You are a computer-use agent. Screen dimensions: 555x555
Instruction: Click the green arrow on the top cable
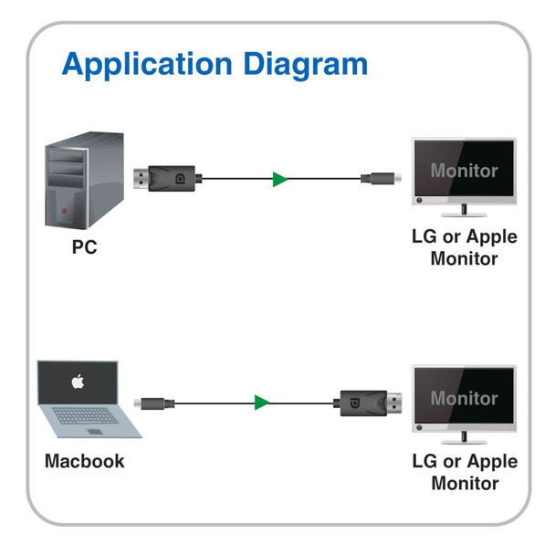pos(280,179)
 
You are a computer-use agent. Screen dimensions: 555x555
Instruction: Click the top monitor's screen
pos(464,169)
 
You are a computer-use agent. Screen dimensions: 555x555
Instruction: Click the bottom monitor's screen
pos(464,397)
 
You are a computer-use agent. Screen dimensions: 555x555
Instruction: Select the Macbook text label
pos(84,461)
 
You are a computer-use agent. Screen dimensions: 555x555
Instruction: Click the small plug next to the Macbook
pos(151,403)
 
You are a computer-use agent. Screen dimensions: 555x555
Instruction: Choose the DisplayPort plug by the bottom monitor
pos(371,401)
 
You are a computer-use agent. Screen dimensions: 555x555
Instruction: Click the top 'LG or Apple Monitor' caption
pos(464,247)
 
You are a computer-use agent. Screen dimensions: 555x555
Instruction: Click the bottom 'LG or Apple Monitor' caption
pos(464,472)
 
